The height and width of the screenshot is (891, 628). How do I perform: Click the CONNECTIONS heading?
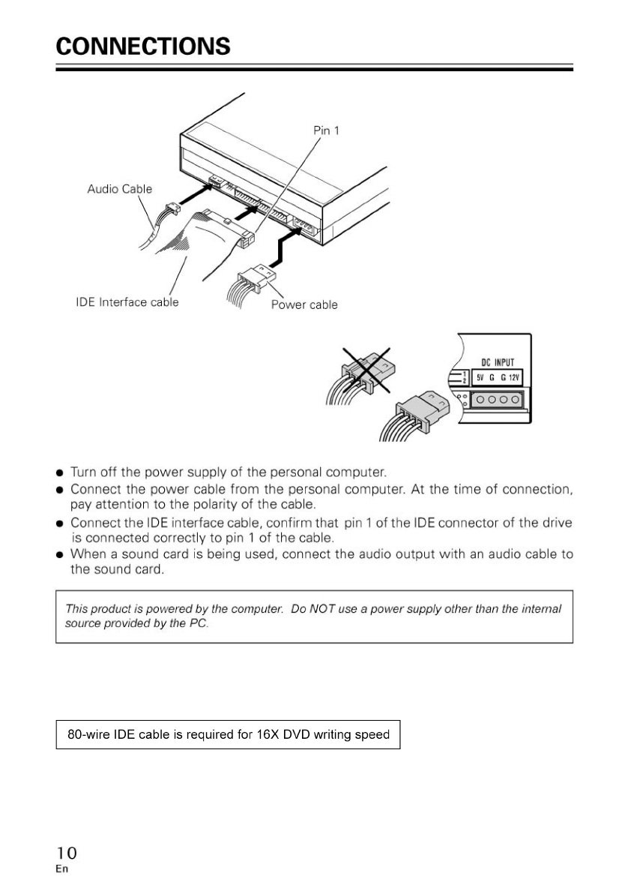coord(143,46)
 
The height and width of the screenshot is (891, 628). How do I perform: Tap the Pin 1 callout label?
coord(326,130)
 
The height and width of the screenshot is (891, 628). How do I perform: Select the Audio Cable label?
coord(119,189)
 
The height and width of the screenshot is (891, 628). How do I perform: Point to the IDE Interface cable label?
coord(127,302)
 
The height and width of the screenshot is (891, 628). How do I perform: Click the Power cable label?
coord(304,305)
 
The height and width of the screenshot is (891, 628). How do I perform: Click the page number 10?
coord(66,853)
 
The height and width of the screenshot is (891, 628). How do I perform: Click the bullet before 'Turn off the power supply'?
coord(59,473)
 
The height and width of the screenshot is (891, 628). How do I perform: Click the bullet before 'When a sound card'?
coord(59,555)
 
